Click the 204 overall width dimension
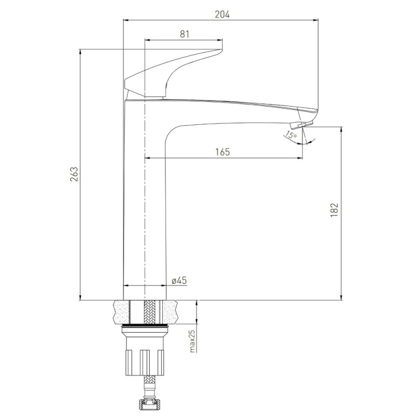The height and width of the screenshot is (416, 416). [x=222, y=15]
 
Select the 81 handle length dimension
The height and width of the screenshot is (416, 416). [x=184, y=34]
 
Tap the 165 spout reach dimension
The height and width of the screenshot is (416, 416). [x=222, y=152]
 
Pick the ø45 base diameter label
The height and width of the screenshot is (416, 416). [x=179, y=280]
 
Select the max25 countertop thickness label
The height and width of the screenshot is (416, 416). [x=191, y=342]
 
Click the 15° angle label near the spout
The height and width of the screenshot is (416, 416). [x=290, y=136]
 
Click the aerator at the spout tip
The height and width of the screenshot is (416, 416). [x=300, y=125]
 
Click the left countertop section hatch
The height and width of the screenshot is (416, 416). [x=123, y=311]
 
